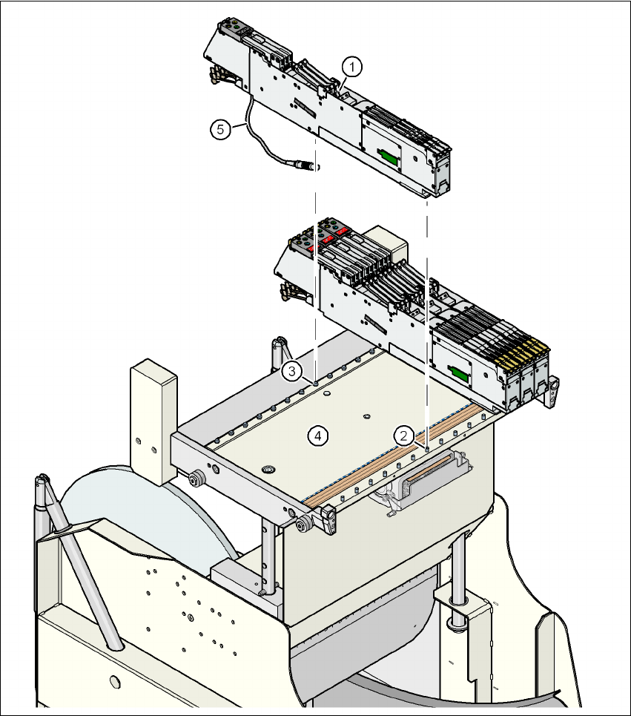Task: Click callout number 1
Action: [352, 68]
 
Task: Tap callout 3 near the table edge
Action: [294, 370]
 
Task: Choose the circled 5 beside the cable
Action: [219, 129]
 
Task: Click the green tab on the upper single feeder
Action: [387, 155]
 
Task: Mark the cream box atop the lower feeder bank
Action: [392, 243]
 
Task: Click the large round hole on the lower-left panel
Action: [113, 680]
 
